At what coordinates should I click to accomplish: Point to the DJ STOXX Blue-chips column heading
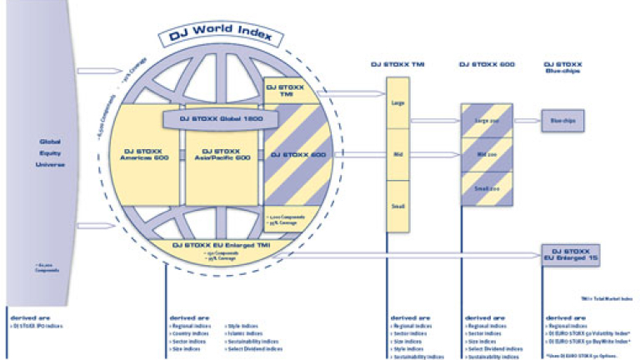click(x=563, y=67)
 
